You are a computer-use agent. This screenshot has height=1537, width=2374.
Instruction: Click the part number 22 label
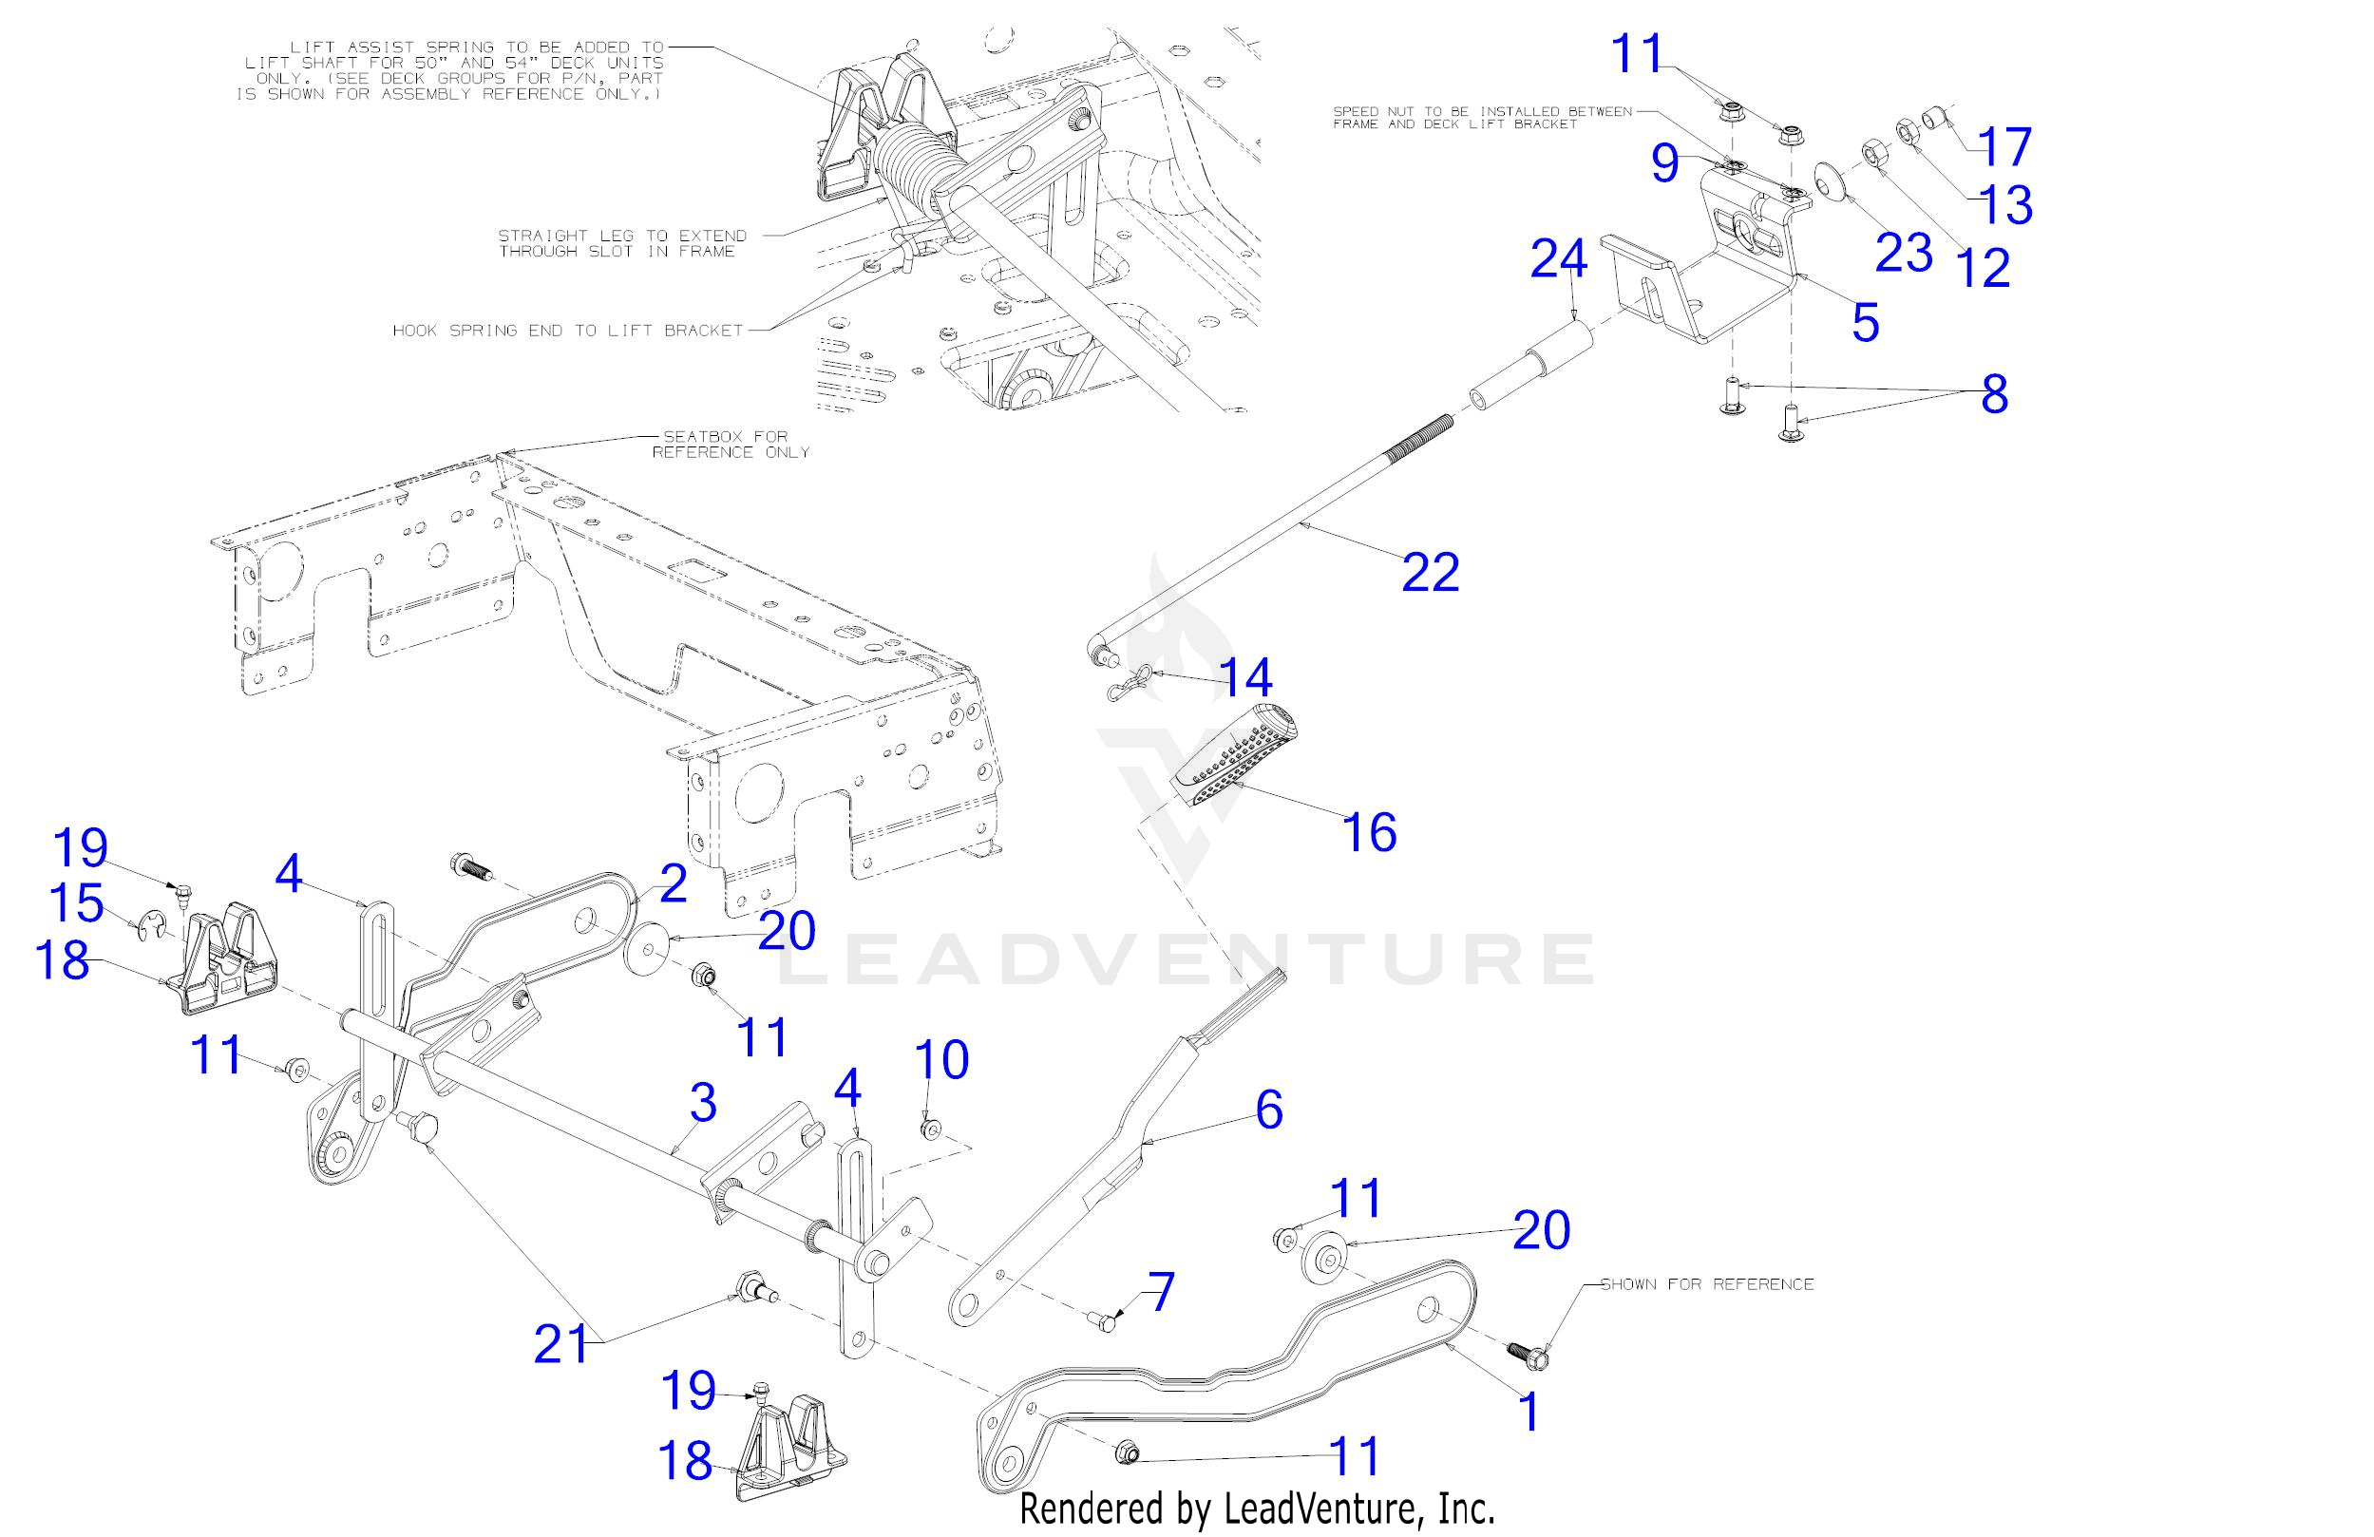click(1430, 573)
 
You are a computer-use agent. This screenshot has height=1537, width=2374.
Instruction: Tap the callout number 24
click(1558, 259)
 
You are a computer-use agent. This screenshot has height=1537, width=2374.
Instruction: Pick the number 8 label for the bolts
click(1993, 394)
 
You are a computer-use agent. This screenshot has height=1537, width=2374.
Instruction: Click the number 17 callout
click(2004, 146)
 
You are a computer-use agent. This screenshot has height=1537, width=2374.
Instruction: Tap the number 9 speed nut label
click(1663, 162)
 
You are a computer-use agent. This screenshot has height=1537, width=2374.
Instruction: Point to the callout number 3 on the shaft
click(703, 1103)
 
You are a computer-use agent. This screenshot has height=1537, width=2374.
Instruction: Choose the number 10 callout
click(940, 1059)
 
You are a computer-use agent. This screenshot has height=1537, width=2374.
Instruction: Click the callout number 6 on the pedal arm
click(1269, 1110)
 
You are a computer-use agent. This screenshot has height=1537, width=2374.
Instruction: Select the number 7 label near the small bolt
click(1161, 1293)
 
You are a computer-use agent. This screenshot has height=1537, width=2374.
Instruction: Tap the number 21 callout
click(561, 1343)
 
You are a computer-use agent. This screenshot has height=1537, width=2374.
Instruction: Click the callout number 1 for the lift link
click(1529, 1413)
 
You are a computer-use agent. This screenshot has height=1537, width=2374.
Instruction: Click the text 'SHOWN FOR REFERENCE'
click(1707, 1283)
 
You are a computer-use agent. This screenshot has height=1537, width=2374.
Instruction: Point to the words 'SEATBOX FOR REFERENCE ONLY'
click(731, 444)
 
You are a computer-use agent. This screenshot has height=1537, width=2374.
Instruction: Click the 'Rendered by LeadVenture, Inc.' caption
click(1257, 1508)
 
